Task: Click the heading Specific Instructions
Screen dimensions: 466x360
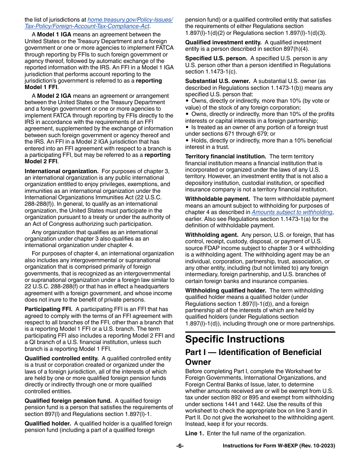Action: (x=235, y=339)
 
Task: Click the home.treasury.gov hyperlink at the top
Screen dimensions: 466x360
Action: (x=130, y=20)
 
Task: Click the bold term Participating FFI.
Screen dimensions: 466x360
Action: (x=49, y=309)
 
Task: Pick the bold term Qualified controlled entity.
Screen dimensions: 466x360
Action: (x=61, y=358)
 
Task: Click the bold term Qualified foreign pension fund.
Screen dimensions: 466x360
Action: (x=68, y=401)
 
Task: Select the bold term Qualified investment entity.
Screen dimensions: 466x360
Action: (x=223, y=42)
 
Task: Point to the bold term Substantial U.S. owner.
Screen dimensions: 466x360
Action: (x=218, y=81)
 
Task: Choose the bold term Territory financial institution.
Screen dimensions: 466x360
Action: (x=225, y=156)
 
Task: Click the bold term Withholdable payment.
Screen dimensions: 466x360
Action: (x=217, y=199)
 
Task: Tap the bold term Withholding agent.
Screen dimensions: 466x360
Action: (x=211, y=235)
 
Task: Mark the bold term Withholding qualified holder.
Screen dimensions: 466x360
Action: (x=225, y=291)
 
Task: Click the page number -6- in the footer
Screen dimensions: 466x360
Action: (x=180, y=446)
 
